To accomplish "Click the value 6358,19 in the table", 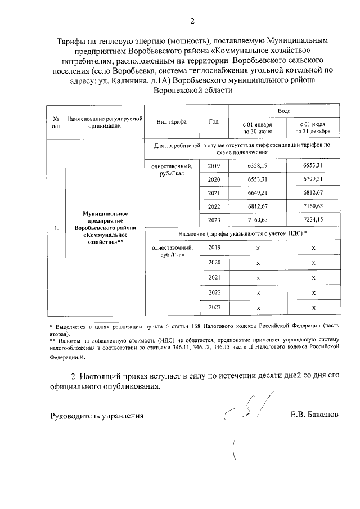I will click(258, 166).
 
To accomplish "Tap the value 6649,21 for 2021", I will click(258, 192).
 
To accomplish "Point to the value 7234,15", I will click(313, 219).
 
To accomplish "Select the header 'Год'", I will click(213, 121).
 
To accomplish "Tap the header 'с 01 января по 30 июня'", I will click(258, 127).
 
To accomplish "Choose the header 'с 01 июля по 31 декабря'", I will click(313, 127).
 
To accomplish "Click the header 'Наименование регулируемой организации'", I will click(104, 122).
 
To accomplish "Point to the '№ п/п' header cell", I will click(56, 122).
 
